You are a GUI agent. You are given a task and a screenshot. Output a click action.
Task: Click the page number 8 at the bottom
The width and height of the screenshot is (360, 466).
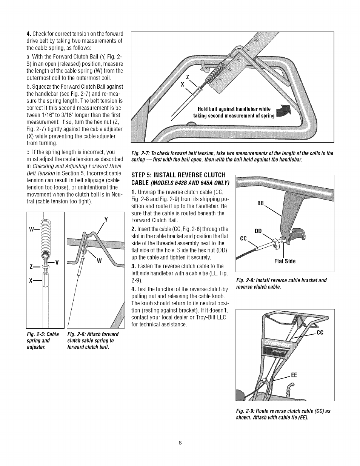click(x=180, y=443)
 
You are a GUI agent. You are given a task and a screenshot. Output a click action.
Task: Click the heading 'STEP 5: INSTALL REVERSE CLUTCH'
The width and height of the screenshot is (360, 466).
click(x=178, y=175)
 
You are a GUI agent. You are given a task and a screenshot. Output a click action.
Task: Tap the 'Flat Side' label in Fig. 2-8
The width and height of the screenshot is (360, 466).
click(x=285, y=261)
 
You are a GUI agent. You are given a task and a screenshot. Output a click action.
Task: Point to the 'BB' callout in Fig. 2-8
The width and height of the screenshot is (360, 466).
click(x=260, y=203)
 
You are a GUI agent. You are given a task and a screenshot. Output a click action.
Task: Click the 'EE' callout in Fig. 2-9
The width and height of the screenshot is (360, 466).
click(x=295, y=375)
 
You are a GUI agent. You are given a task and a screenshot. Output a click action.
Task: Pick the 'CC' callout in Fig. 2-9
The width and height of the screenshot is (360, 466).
click(x=320, y=332)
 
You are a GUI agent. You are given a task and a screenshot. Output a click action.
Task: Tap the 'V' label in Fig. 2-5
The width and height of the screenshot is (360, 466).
click(x=57, y=263)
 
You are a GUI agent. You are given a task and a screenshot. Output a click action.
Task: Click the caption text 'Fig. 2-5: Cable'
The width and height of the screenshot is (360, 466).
click(x=43, y=334)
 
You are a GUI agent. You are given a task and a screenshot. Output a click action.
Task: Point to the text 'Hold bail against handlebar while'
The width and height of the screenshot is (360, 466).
click(x=234, y=109)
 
